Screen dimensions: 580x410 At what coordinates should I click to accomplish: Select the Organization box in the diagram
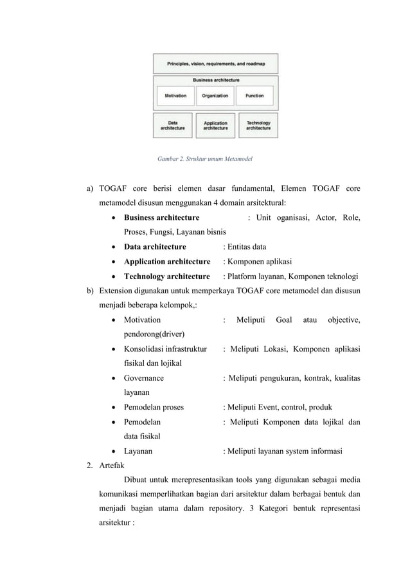[x=215, y=96]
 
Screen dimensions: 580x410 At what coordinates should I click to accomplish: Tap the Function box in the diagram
[x=254, y=96]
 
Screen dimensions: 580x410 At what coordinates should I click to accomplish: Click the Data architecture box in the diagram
[x=173, y=125]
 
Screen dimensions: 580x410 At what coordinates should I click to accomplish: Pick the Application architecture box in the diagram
[x=215, y=125]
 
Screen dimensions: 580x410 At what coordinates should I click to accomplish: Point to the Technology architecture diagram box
[x=258, y=125]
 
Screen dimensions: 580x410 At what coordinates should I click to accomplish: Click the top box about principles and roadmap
[x=215, y=64]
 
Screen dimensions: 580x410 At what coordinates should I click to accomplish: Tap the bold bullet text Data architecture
[x=155, y=247]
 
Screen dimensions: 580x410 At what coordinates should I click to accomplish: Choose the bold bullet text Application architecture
[x=167, y=262]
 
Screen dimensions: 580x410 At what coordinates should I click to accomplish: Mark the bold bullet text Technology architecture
[x=166, y=276]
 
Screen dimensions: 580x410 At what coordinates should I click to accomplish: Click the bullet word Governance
[x=144, y=378]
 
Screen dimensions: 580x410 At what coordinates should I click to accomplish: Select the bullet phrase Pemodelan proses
[x=154, y=407]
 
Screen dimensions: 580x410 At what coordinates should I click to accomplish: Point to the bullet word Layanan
[x=138, y=451]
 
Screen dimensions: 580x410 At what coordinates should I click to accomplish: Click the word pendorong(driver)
[x=154, y=334]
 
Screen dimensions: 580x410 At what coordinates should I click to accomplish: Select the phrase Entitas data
[x=247, y=247]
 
